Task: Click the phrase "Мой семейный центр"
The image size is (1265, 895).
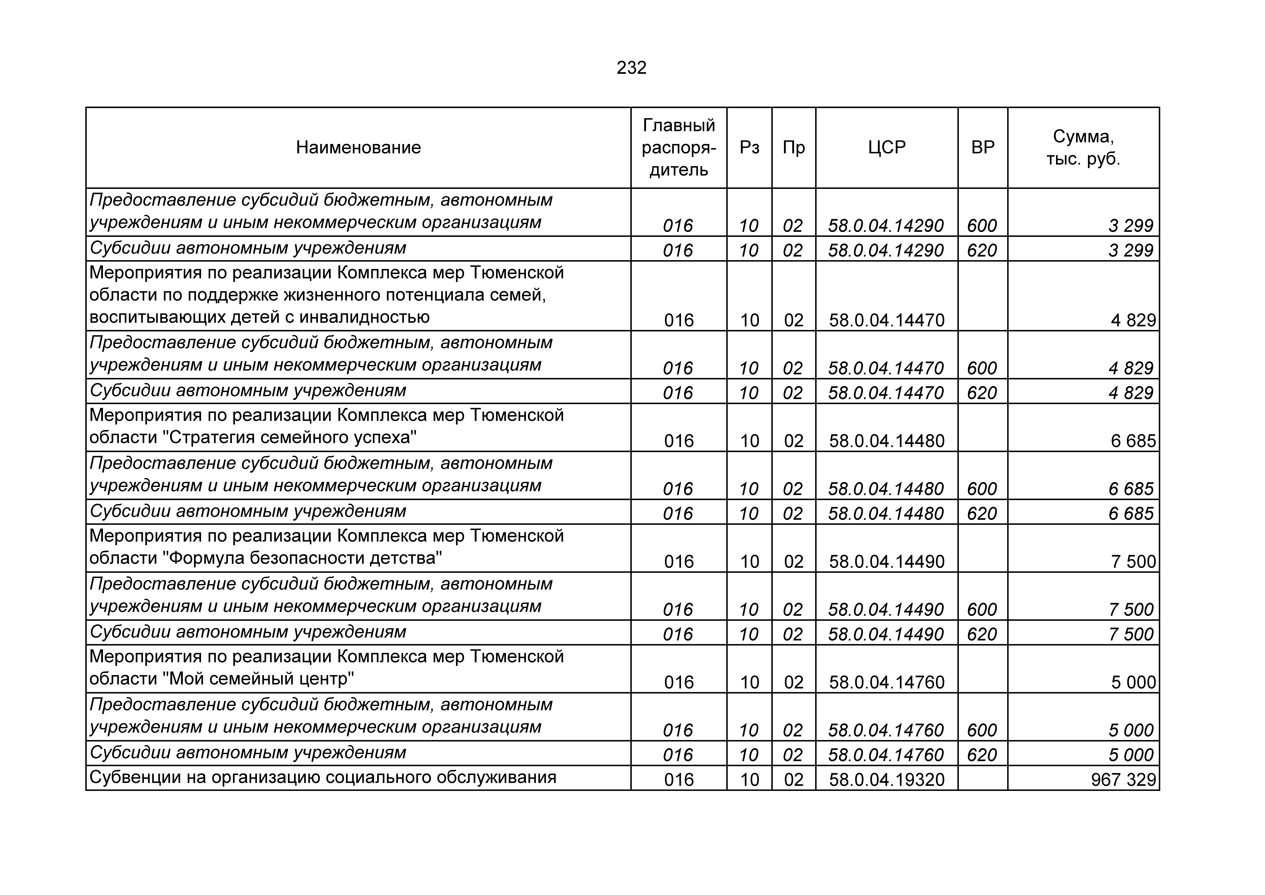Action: click(259, 679)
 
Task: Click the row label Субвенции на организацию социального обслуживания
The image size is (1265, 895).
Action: click(322, 778)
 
